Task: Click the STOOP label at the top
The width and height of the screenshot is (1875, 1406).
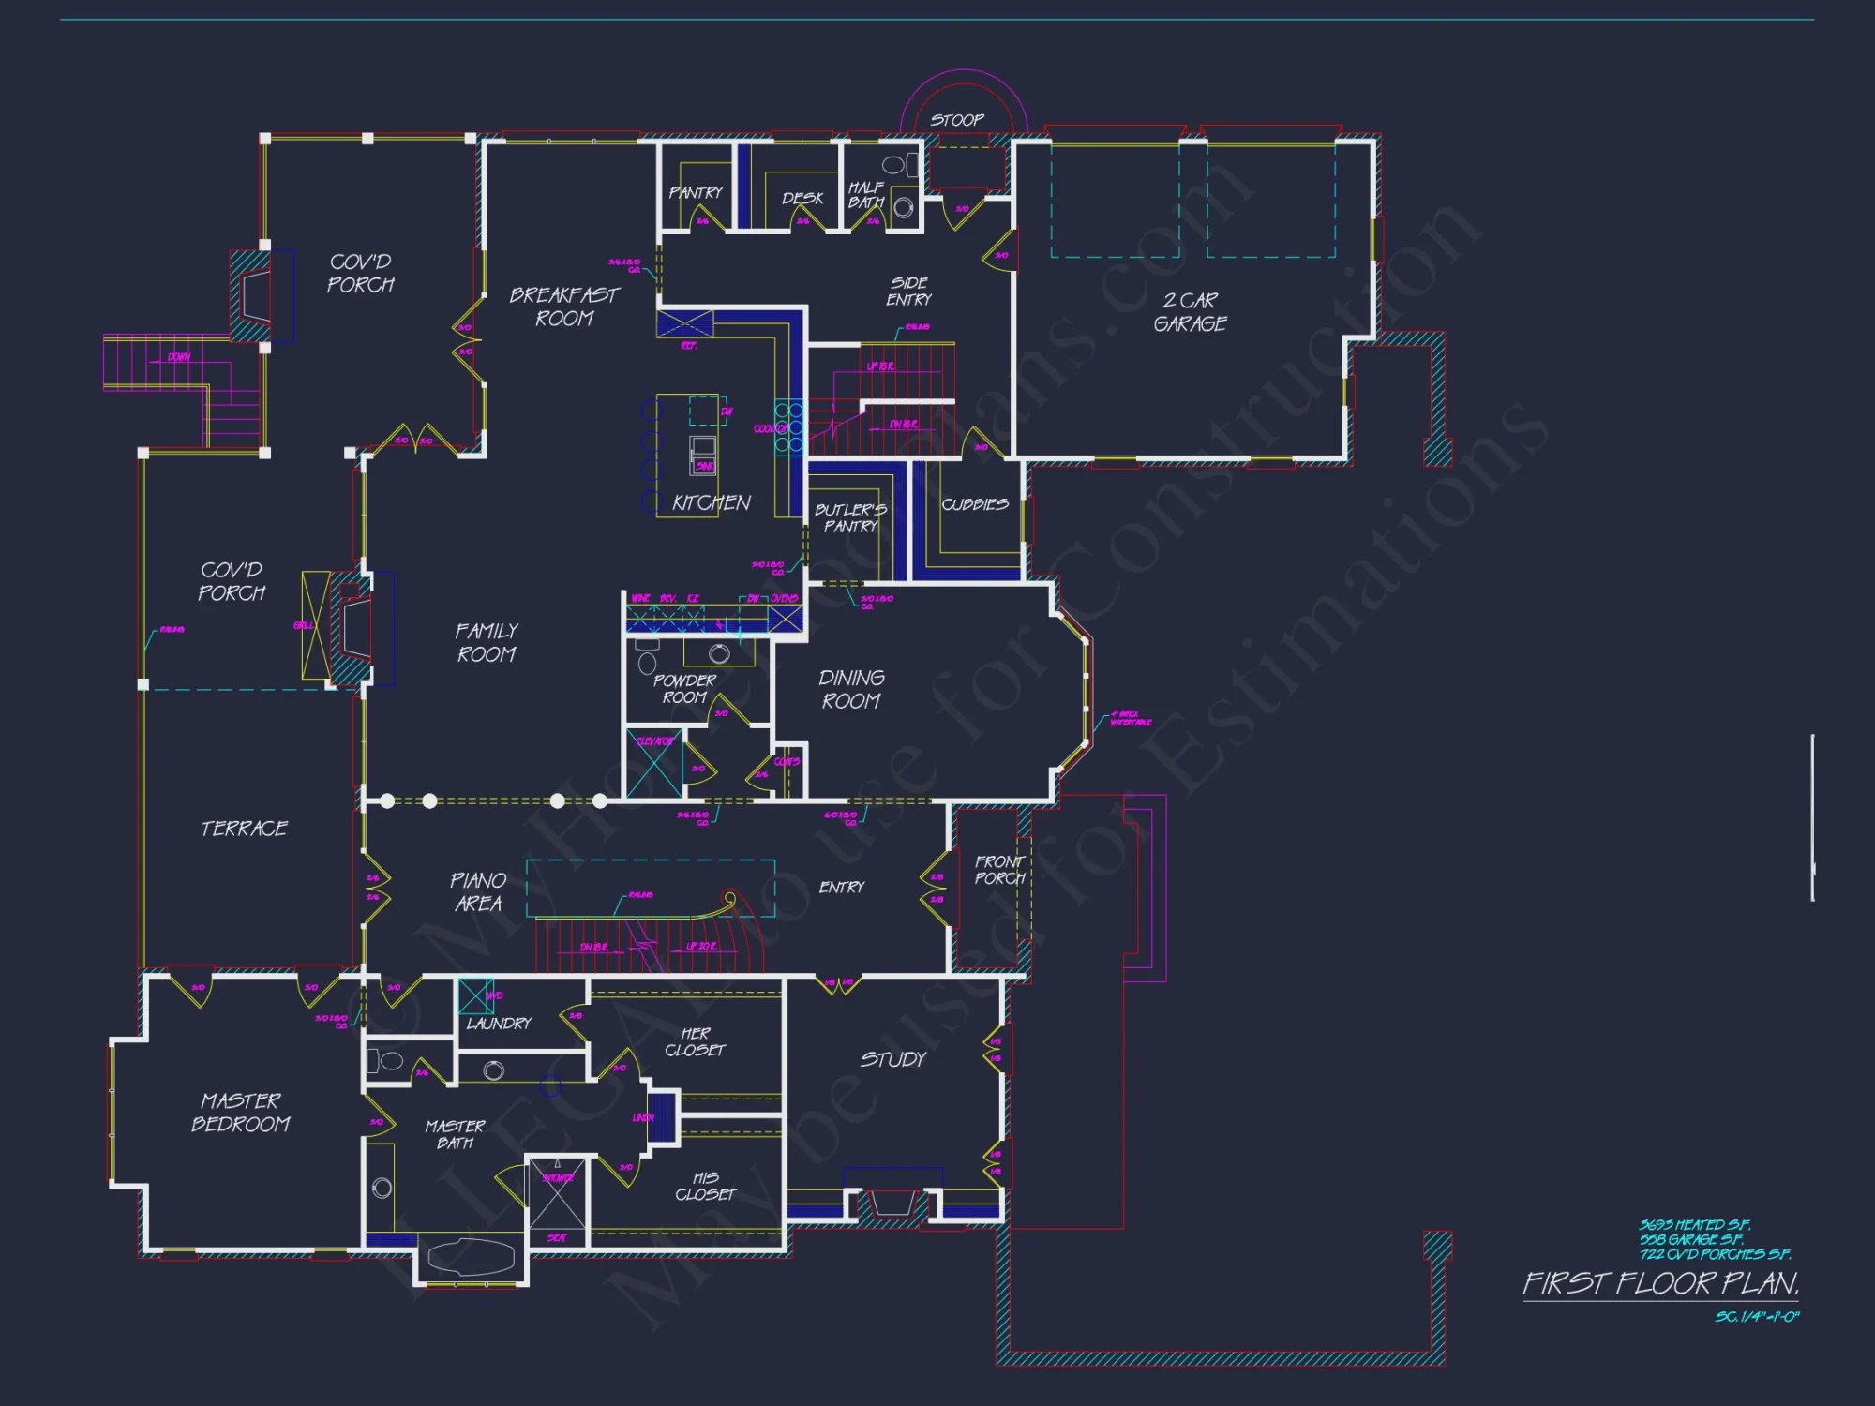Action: (x=957, y=120)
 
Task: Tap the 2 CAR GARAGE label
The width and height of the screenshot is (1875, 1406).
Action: (x=1190, y=312)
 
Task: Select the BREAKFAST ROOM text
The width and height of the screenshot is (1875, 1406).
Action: (x=564, y=307)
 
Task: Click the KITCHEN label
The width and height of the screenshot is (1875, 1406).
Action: (x=712, y=502)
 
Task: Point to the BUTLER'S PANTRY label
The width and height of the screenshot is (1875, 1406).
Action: (x=850, y=517)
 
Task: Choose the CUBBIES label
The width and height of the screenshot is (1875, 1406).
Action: (x=975, y=504)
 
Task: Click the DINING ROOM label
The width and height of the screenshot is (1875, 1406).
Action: (x=851, y=689)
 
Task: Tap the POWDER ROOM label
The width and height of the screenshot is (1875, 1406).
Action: (x=684, y=689)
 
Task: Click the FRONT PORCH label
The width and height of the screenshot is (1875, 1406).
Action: (x=999, y=870)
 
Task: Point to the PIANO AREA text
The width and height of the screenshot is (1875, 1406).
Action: (x=478, y=891)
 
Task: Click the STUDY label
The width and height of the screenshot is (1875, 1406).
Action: (x=893, y=1059)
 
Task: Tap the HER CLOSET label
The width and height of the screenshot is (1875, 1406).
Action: (x=696, y=1041)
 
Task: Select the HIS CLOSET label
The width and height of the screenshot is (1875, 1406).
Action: (x=706, y=1186)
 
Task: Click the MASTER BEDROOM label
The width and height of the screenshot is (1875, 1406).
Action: (x=241, y=1112)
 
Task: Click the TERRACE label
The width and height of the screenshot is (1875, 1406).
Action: (x=245, y=829)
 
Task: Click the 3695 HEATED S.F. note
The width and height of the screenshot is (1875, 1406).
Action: (x=1695, y=1225)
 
